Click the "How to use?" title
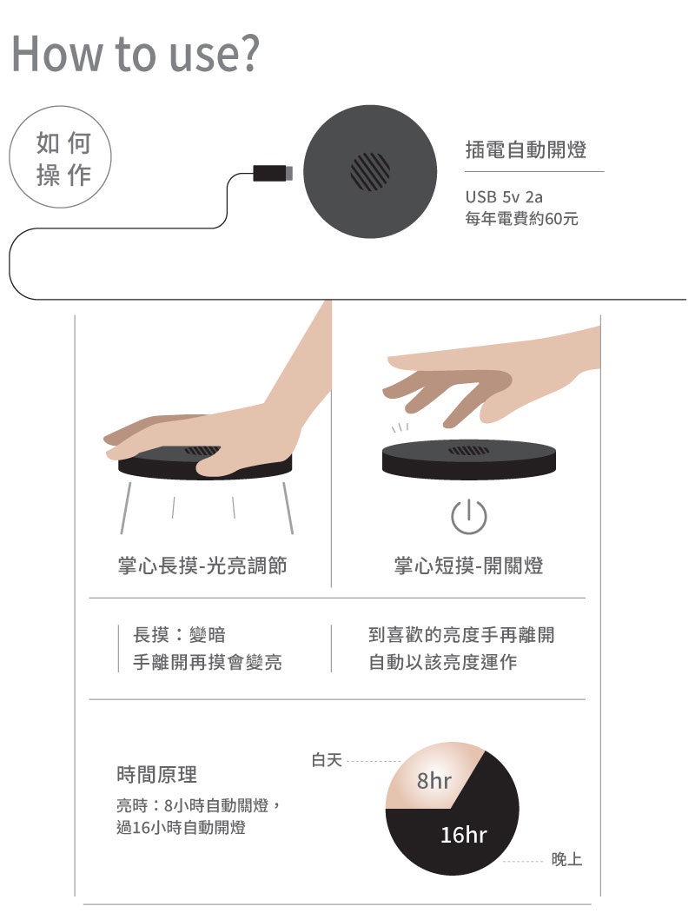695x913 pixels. click(135, 54)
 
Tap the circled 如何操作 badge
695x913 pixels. click(60, 157)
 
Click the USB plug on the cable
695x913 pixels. click(273, 172)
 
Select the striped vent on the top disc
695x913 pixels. click(370, 172)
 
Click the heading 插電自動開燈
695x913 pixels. click(526, 149)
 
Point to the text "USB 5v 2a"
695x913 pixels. click(504, 197)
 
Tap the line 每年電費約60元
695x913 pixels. click(521, 219)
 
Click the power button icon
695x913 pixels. click(468, 517)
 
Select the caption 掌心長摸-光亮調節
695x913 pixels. click(202, 565)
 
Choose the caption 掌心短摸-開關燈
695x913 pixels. click(468, 565)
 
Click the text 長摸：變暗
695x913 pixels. click(179, 634)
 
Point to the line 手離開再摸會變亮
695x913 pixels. click(208, 662)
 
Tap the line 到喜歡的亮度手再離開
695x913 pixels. click(461, 634)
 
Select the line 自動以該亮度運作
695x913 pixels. click(443, 662)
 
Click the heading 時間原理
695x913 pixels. click(157, 774)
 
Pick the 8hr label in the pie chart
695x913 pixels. click(434, 781)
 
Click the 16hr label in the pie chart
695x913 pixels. click(463, 835)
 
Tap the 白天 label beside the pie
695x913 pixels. click(327, 760)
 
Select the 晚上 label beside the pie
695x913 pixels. click(566, 859)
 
